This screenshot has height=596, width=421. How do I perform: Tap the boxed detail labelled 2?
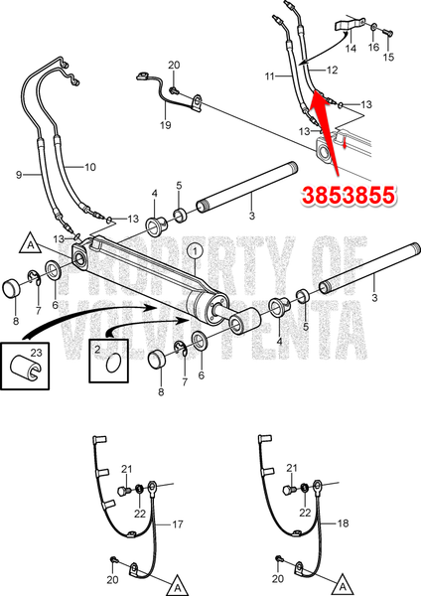tap(109, 362)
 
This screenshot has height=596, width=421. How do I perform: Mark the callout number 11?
tap(271, 74)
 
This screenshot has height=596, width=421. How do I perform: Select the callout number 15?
tap(389, 59)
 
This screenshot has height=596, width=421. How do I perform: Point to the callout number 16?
tap(374, 47)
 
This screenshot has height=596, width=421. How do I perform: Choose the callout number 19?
tap(167, 126)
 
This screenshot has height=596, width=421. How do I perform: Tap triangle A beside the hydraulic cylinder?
tap(33, 243)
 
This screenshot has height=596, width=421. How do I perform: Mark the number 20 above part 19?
tap(175, 66)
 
